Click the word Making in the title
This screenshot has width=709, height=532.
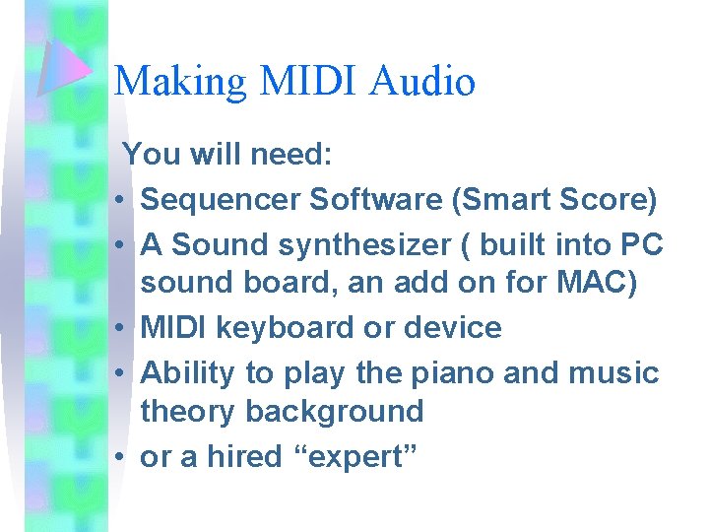pos(180,81)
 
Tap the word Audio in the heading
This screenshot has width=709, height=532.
pos(422,81)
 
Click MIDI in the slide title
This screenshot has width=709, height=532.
pos(307,81)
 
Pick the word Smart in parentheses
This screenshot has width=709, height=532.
pos(505,200)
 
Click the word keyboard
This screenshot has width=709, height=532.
pos(288,328)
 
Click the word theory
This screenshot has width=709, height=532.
pos(188,412)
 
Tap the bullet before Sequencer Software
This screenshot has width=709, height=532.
pos(117,202)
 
